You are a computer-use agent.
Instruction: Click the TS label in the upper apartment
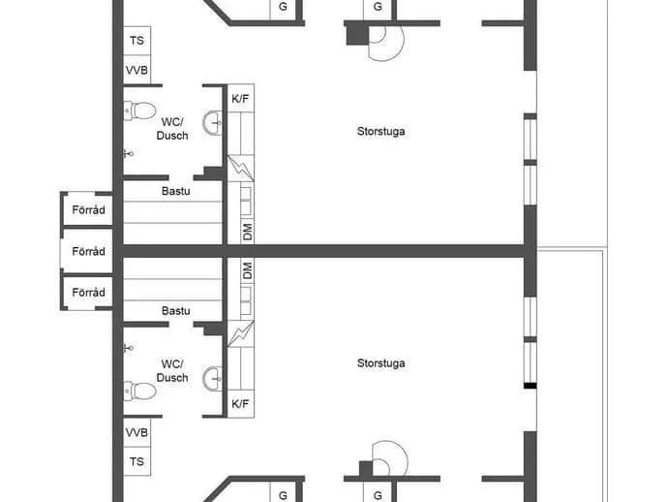(137, 41)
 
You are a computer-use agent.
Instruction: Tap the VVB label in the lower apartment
(137, 432)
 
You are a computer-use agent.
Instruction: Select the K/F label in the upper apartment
(240, 99)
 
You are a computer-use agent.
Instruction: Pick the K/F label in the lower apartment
(240, 403)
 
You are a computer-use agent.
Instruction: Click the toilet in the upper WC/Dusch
(139, 110)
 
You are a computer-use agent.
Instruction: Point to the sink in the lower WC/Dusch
(213, 379)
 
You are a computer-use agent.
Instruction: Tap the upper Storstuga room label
(380, 132)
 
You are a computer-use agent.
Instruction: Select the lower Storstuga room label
(380, 363)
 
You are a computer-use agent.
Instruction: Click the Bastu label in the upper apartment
(176, 191)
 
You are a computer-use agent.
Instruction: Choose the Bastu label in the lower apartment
(176, 311)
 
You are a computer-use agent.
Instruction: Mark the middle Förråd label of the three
(89, 251)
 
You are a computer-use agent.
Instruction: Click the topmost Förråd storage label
(89, 210)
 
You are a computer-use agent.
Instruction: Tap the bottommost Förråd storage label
(89, 292)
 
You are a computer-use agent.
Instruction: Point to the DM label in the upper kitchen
(248, 232)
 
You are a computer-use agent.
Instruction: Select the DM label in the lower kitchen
(248, 270)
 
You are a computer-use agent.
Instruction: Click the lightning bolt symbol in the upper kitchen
(241, 168)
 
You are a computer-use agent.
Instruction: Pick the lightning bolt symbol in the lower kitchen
(241, 334)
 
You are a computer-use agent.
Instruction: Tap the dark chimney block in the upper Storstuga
(357, 34)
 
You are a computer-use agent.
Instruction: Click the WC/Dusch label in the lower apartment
(172, 370)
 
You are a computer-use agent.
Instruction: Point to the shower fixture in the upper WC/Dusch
(129, 153)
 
